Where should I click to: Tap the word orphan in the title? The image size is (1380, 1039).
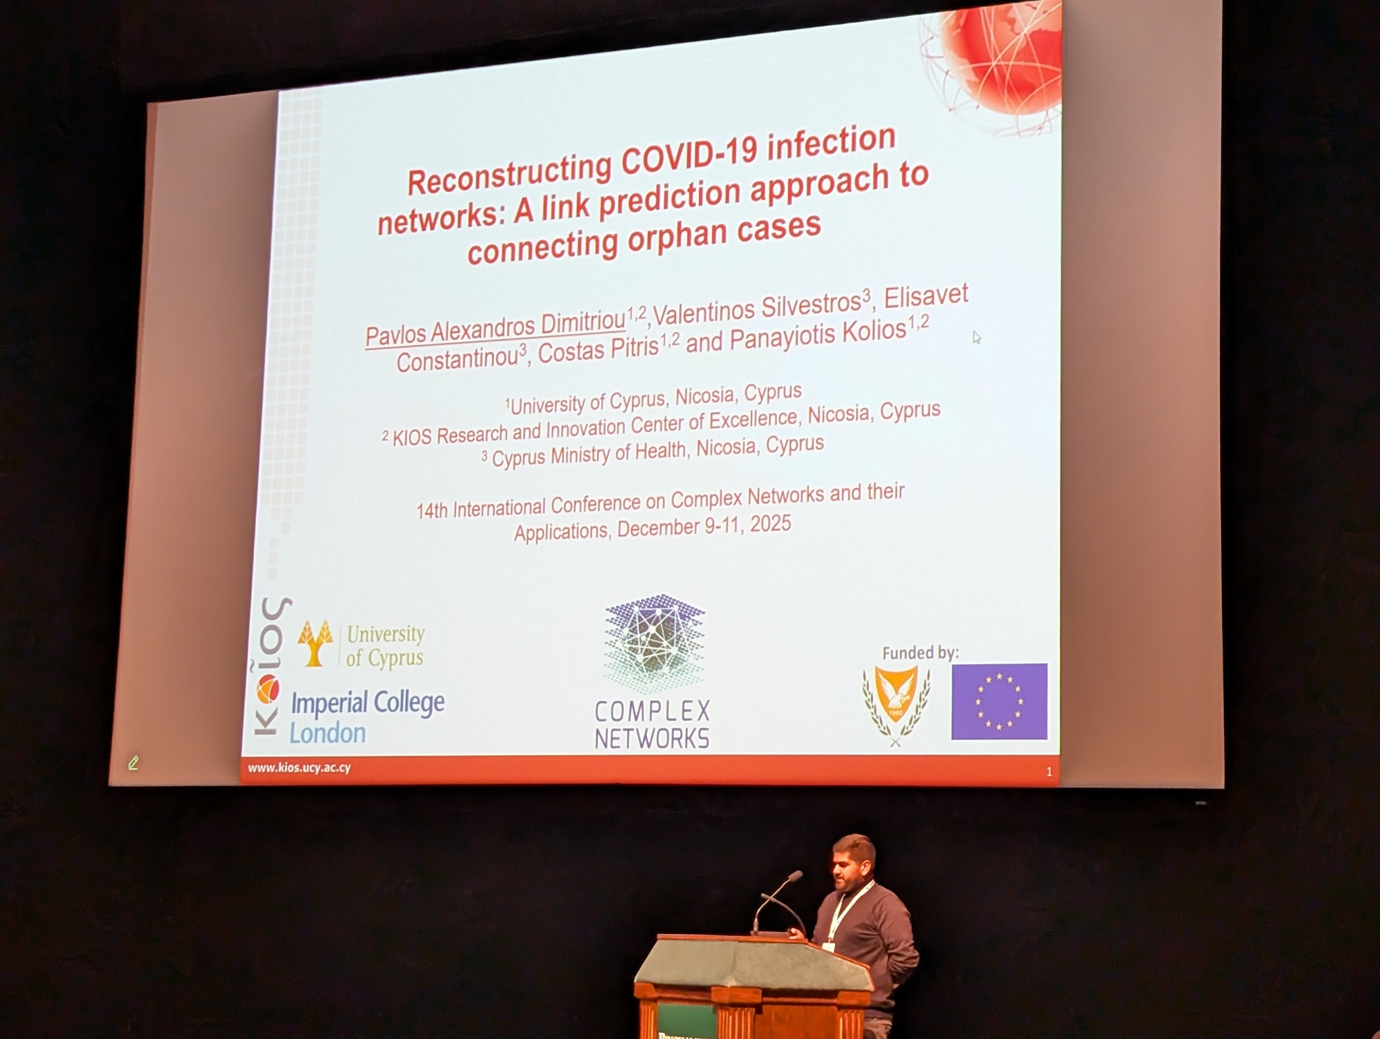[677, 238]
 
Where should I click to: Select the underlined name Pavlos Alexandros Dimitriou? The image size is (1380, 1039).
[495, 328]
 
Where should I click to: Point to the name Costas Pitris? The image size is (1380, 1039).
[598, 349]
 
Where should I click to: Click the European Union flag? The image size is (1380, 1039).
[999, 701]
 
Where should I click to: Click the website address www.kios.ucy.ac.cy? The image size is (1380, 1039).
[299, 768]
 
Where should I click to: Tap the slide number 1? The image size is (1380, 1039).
[1049, 772]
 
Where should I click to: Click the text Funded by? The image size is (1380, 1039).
[920, 652]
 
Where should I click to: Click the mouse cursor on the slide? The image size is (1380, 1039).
[976, 338]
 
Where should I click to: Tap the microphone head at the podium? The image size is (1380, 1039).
[795, 876]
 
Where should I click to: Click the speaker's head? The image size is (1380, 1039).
[854, 862]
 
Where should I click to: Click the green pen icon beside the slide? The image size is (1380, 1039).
[133, 762]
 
